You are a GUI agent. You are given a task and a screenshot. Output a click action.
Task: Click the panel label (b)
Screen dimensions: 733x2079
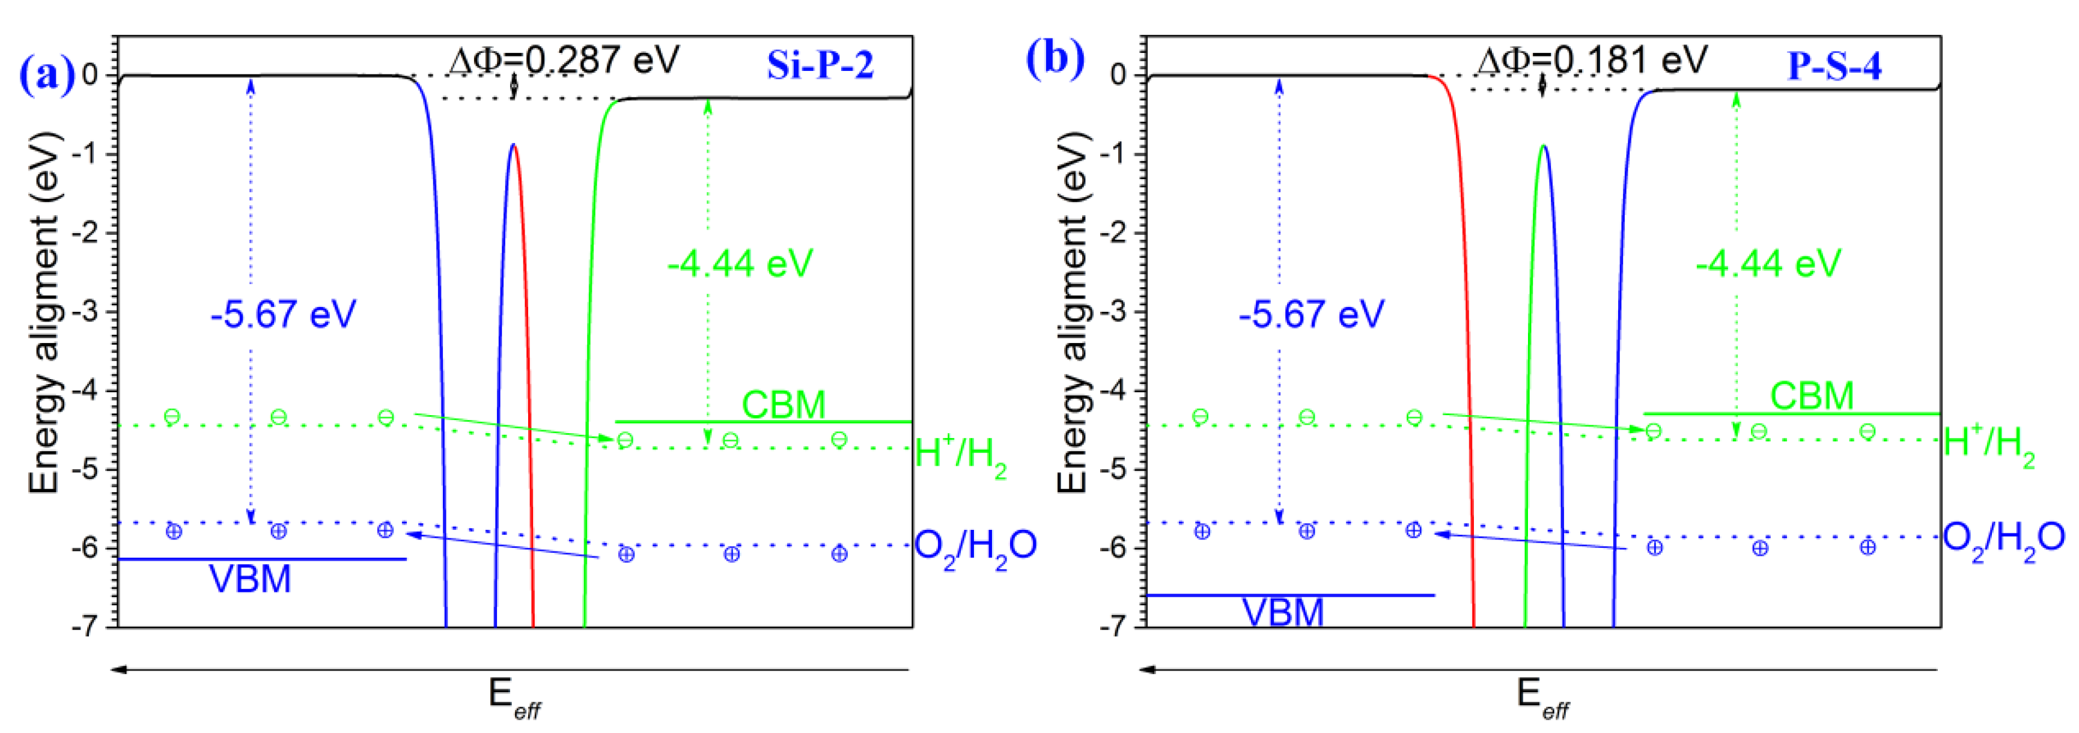(x=1054, y=58)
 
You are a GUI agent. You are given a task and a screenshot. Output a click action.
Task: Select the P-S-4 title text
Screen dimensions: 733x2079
(x=1834, y=64)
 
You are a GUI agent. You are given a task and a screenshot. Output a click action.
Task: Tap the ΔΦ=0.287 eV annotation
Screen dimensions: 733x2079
(x=564, y=59)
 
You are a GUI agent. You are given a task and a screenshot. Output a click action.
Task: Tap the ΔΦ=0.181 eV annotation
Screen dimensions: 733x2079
(x=1592, y=59)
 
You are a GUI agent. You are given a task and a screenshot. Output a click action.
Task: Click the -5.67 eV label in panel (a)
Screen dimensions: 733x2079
(x=282, y=314)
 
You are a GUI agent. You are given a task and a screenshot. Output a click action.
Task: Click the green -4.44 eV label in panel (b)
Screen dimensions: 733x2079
(x=1768, y=263)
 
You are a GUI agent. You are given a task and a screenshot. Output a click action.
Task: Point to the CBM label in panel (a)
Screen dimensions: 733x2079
(x=783, y=404)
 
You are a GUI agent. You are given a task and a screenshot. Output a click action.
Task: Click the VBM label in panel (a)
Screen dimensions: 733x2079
(x=250, y=579)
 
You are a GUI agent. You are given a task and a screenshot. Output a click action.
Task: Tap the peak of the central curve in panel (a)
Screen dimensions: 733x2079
(x=513, y=145)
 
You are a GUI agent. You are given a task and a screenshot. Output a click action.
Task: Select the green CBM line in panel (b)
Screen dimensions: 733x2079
(x=1792, y=414)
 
